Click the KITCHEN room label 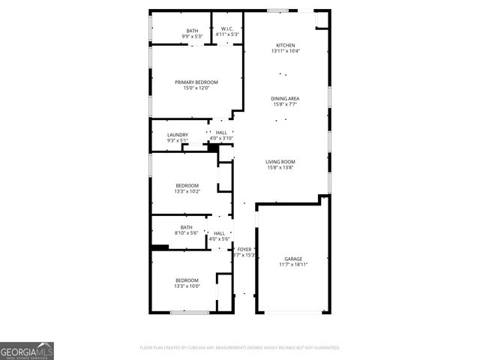tap(286, 46)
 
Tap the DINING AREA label tap(286, 98)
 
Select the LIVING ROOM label tap(280, 161)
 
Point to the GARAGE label tap(292, 259)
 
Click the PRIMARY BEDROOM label tap(196, 82)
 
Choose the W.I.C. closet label tap(226, 29)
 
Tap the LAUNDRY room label tap(178, 135)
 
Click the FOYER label tap(244, 249)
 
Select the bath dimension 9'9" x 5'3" tap(193, 36)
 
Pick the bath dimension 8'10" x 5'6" tap(187, 233)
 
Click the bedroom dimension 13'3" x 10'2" tap(187, 191)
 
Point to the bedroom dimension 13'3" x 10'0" tap(187, 286)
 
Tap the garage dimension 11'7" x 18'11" tap(292, 265)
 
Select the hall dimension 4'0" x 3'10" tap(221, 139)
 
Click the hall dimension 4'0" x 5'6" tap(219, 239)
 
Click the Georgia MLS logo tap(27, 350)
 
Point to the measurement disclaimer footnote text tap(240, 348)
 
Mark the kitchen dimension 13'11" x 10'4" tap(286, 52)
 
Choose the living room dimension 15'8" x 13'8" tap(280, 167)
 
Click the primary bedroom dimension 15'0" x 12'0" tap(196, 88)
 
